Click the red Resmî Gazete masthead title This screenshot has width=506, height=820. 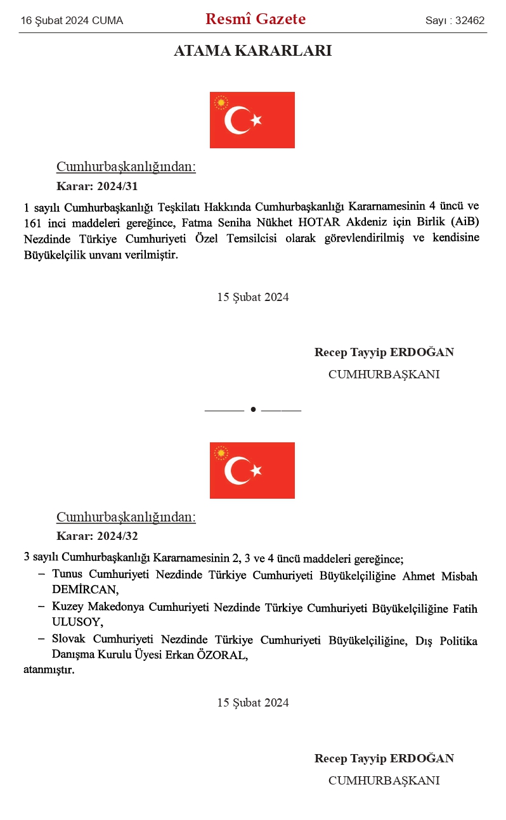tap(256, 20)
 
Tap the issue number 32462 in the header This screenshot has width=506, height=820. tap(470, 21)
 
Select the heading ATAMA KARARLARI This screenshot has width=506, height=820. tap(252, 51)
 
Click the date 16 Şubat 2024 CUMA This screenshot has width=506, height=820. tap(72, 21)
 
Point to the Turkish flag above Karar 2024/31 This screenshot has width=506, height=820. tap(252, 120)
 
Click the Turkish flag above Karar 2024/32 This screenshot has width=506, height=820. tap(252, 470)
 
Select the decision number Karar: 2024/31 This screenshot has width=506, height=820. tap(97, 186)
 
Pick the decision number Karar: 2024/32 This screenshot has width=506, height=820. tap(97, 536)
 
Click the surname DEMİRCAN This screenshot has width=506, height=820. tap(85, 589)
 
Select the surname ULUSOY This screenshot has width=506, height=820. tap(77, 622)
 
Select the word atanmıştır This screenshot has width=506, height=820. tap(49, 669)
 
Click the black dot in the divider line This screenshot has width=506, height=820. tap(253, 409)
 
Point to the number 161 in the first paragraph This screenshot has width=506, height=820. tap(32, 222)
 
